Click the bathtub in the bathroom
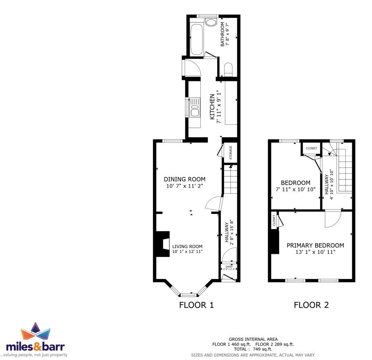196,39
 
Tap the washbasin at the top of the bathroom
211,23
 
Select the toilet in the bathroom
228,69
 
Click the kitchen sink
195,108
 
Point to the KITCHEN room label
212,107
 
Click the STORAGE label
231,153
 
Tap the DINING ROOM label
185,179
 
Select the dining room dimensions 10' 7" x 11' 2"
185,186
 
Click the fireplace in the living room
163,244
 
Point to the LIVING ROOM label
187,246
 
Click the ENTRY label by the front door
229,267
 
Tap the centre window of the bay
189,295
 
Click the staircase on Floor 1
231,179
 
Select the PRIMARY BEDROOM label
315,246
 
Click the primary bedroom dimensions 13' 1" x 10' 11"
315,252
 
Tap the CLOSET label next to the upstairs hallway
311,148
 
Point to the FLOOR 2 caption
311,305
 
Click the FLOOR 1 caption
196,305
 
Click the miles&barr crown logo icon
35,331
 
